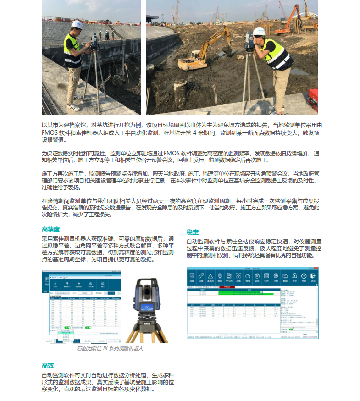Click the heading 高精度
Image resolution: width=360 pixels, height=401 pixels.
tap(51, 229)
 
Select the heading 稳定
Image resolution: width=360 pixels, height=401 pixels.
tap(193, 232)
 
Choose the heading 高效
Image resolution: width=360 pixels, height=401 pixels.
tap(48, 365)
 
